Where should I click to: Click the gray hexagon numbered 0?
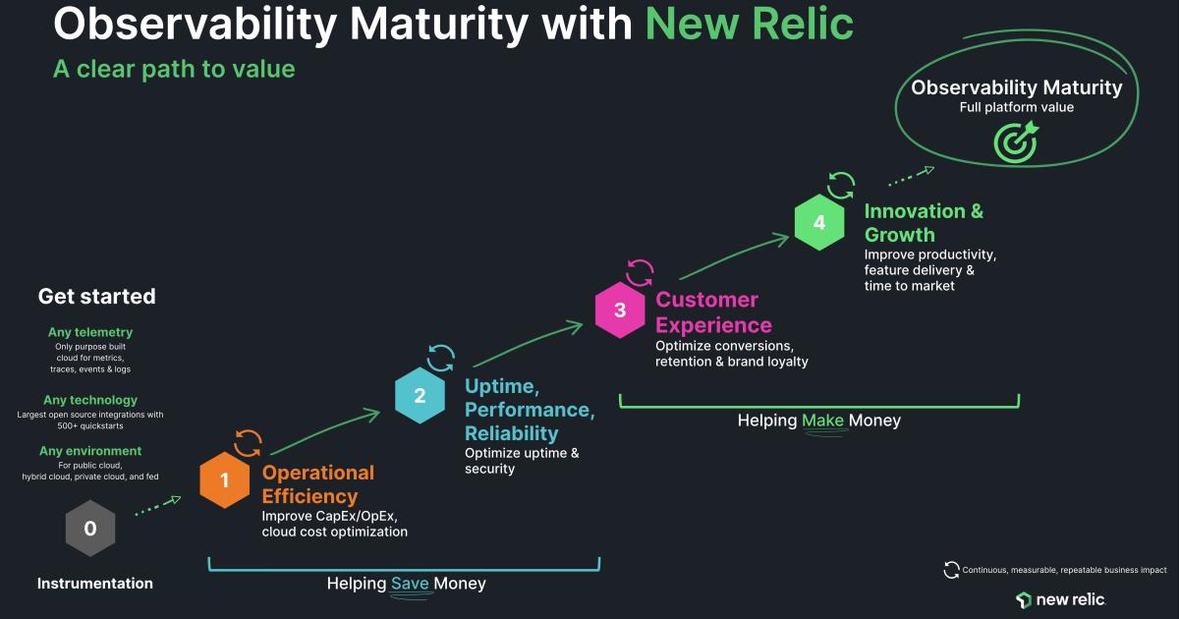click(90, 529)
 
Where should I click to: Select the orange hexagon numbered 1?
click(225, 480)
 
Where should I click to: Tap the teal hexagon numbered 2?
click(420, 396)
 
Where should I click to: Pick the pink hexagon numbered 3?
click(620, 310)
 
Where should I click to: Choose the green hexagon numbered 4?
click(819, 223)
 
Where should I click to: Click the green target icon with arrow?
click(1015, 141)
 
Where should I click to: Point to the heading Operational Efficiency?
click(317, 484)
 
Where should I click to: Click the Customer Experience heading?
click(713, 311)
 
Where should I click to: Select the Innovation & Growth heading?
click(924, 223)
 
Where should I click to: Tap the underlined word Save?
click(410, 584)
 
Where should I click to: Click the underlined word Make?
click(822, 421)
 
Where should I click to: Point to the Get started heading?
click(96, 297)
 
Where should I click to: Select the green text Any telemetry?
click(90, 332)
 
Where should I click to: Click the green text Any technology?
click(90, 400)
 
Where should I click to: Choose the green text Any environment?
click(90, 451)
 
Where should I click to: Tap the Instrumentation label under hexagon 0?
click(95, 584)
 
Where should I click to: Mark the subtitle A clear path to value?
click(174, 69)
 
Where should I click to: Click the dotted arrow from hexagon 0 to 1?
click(156, 506)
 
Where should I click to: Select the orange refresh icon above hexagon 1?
click(248, 442)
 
